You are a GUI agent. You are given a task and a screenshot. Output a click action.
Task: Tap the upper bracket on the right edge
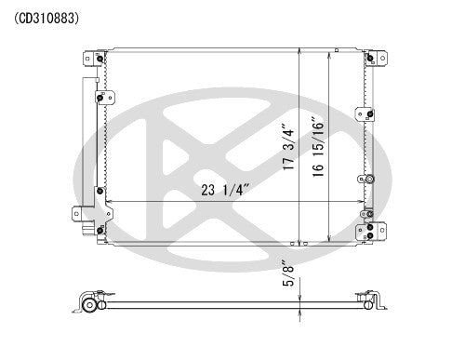(x=367, y=114)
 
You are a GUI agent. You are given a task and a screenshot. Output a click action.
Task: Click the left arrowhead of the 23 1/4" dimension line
(x=111, y=203)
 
